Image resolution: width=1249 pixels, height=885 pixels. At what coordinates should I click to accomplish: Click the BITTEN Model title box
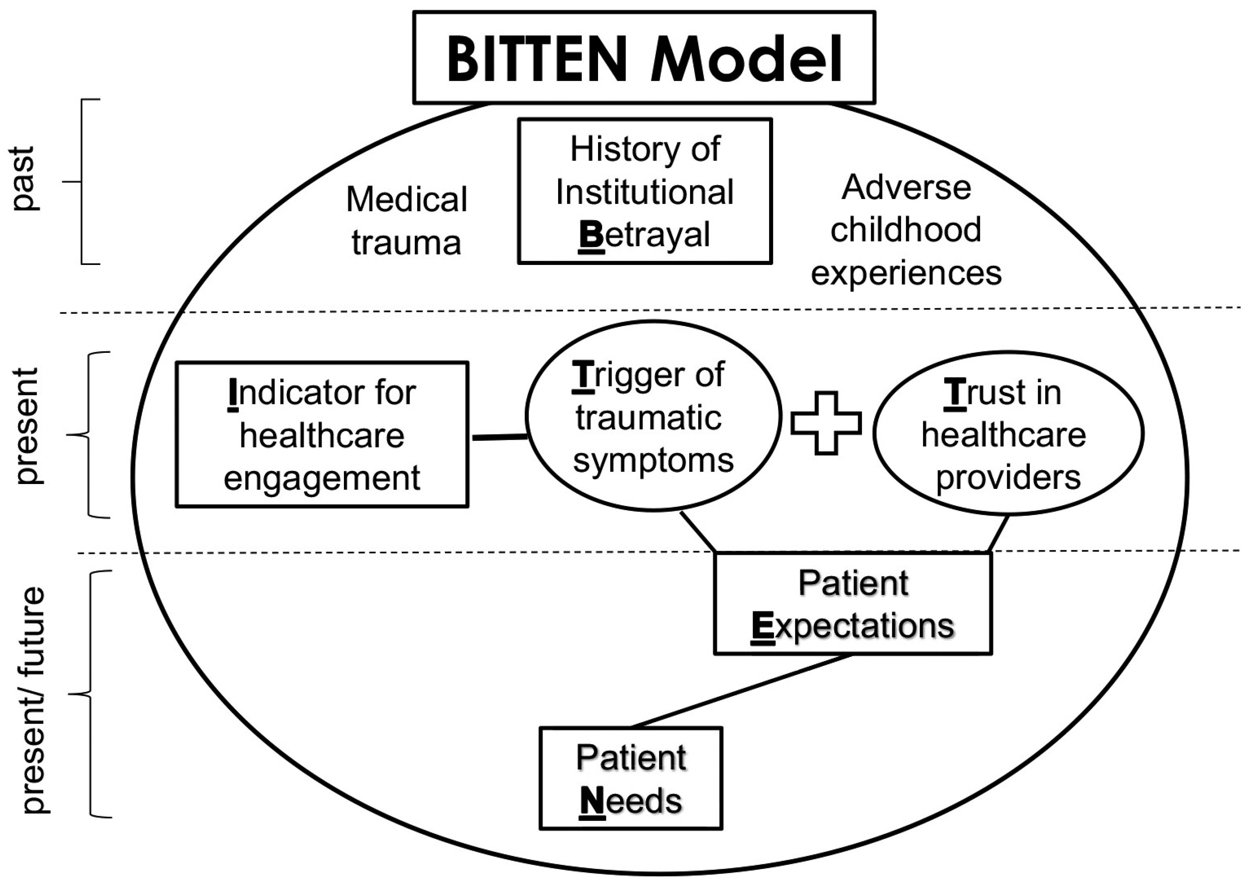644,57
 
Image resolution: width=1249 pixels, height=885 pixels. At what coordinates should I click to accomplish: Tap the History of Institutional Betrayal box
645,191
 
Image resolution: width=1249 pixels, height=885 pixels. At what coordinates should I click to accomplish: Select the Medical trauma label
407,220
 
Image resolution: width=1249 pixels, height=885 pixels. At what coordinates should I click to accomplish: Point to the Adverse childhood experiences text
906,230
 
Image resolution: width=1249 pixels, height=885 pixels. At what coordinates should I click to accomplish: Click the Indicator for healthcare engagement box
322,434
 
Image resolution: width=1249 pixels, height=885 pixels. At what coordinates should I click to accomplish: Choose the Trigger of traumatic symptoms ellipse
653,416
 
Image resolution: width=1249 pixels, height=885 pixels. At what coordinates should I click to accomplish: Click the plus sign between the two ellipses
826,423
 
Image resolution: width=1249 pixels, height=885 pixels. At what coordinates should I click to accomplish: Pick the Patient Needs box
630,778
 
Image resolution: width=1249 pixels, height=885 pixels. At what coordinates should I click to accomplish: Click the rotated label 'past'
25,179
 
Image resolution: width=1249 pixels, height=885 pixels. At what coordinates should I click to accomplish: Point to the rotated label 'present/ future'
33,700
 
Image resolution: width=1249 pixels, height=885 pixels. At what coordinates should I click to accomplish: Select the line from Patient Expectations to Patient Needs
741,691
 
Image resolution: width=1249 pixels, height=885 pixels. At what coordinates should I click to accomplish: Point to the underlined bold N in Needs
592,802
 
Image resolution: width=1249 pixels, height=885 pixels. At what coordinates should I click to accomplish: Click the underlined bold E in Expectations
762,626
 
